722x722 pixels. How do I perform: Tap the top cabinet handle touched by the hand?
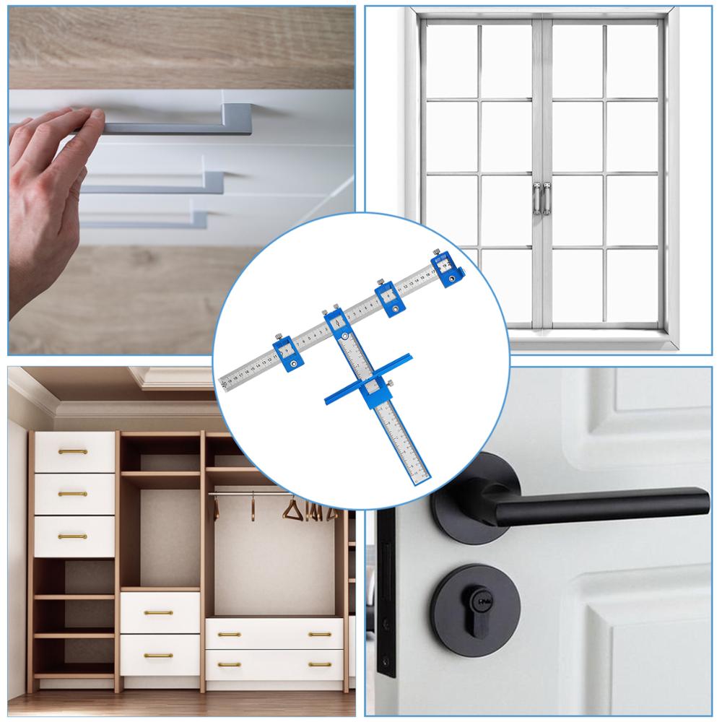click(x=180, y=128)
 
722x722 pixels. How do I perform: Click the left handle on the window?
click(x=536, y=199)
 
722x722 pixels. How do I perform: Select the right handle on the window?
click(x=547, y=199)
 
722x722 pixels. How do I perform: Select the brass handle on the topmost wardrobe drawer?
click(x=72, y=452)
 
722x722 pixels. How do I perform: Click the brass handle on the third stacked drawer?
click(x=72, y=536)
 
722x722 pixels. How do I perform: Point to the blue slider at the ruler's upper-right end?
click(x=446, y=267)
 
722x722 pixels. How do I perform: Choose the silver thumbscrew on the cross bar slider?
click(x=390, y=383)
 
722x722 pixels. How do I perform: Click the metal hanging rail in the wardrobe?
click(x=274, y=494)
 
